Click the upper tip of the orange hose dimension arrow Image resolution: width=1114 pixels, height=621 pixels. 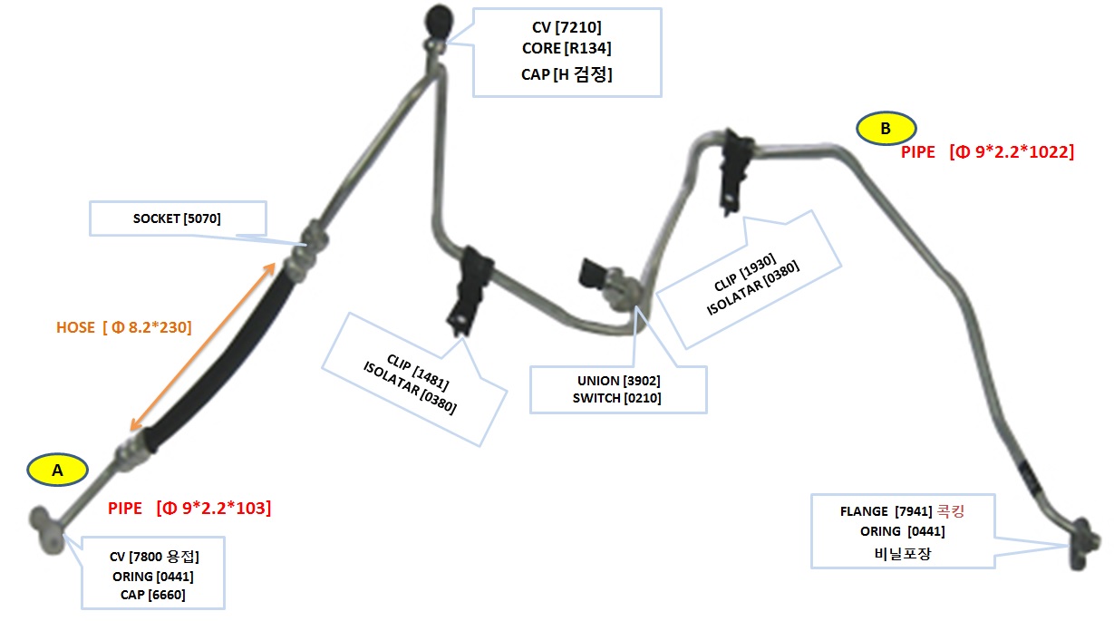pos(275,263)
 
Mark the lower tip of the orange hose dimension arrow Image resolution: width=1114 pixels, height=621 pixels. pos(131,430)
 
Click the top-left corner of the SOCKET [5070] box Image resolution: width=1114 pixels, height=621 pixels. pos(90,201)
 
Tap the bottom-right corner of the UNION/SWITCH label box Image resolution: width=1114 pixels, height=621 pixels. pos(707,413)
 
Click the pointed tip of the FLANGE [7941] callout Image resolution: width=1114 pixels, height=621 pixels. pos(1069,546)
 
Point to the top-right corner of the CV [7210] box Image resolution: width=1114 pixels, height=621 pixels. pos(662,8)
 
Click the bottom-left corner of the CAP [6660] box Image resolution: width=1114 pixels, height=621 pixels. pos(82,608)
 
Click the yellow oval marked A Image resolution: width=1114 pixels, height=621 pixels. pos(58,470)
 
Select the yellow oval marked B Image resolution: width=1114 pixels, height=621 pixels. pos(886,129)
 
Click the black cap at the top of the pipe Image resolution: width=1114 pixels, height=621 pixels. pos(439,21)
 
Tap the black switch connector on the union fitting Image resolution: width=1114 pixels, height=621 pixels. pos(592,274)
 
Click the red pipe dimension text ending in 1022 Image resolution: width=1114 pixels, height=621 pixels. pos(987,151)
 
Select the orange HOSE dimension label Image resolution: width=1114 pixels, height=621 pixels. pos(124,327)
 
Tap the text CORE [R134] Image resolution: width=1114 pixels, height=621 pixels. pos(567,48)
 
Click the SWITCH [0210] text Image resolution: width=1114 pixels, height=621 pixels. pos(616,398)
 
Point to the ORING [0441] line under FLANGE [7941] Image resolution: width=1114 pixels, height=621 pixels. pos(902,531)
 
